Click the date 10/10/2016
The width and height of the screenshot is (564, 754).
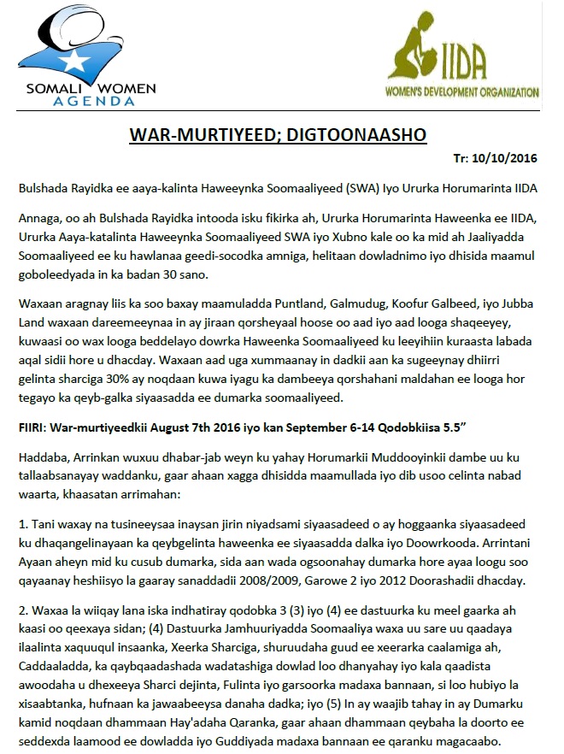503,158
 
